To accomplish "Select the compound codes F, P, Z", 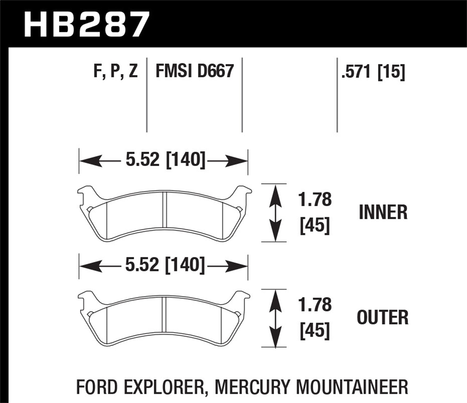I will pyautogui.click(x=115, y=71).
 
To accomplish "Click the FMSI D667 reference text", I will pyautogui.click(x=194, y=71).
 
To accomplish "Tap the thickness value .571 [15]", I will pyautogui.click(x=373, y=72).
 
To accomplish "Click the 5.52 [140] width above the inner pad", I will pyautogui.click(x=165, y=160).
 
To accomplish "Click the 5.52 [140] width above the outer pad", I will pyautogui.click(x=165, y=265).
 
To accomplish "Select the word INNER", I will pyautogui.click(x=383, y=213).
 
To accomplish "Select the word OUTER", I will pyautogui.click(x=383, y=317).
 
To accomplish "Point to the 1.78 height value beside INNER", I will pyautogui.click(x=315, y=200).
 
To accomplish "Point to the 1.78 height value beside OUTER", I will pyautogui.click(x=315, y=305).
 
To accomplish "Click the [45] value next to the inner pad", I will pyautogui.click(x=315, y=225).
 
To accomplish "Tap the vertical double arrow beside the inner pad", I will pyautogui.click(x=274, y=213).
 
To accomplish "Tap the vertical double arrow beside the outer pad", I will pyautogui.click(x=274, y=318).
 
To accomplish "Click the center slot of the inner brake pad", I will pyautogui.click(x=165, y=210).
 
